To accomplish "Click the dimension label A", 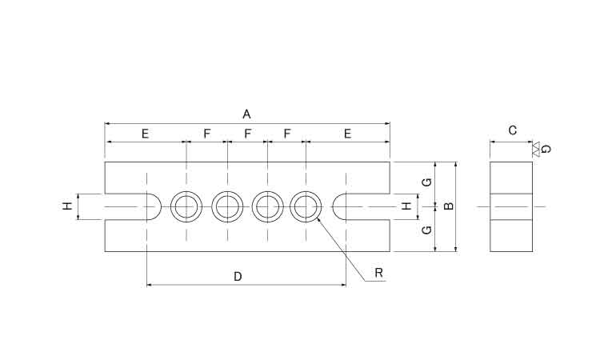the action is (247, 114).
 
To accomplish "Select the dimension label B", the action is (449, 206).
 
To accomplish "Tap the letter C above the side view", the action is (512, 130).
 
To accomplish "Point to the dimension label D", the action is (238, 276).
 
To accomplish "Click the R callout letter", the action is (379, 272).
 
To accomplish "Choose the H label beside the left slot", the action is (67, 206).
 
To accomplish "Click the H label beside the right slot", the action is (406, 206).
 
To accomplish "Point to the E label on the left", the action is (145, 134).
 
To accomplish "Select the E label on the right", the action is (347, 134).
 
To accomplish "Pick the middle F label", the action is (247, 134).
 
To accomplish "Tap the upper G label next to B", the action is (427, 182).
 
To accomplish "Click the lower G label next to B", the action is (427, 230).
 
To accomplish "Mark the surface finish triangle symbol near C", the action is (536, 149).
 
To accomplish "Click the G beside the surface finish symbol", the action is (546, 149).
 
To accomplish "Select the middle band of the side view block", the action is (511, 206).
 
